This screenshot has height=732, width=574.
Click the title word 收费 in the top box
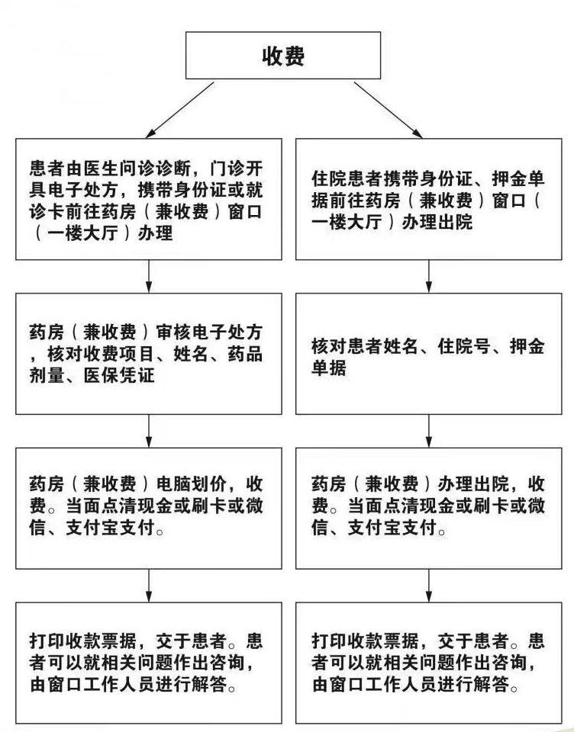pyautogui.click(x=283, y=56)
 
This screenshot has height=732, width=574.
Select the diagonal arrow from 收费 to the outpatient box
pyautogui.click(x=180, y=110)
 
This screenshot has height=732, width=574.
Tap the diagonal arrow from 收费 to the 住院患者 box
pyautogui.click(x=388, y=110)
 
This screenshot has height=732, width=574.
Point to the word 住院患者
pyautogui.click(x=347, y=178)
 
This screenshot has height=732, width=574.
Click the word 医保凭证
pyautogui.click(x=119, y=375)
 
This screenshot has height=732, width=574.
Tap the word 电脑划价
pyautogui.click(x=191, y=484)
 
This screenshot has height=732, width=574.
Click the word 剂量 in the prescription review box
pyautogui.click(x=47, y=375)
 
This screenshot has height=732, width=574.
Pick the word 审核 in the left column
pyautogui.click(x=173, y=332)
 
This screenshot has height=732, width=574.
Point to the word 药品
pyautogui.click(x=245, y=354)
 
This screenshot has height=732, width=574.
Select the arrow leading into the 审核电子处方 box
pyautogui.click(x=149, y=276)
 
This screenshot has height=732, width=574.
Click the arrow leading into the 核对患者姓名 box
pyautogui.click(x=429, y=276)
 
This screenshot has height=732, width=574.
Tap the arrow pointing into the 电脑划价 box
pyautogui.click(x=149, y=431)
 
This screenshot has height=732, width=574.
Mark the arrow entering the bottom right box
pyautogui.click(x=429, y=586)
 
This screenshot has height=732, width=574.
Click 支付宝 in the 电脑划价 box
pyautogui.click(x=92, y=528)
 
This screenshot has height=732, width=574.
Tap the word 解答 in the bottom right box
pyautogui.click(x=492, y=685)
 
